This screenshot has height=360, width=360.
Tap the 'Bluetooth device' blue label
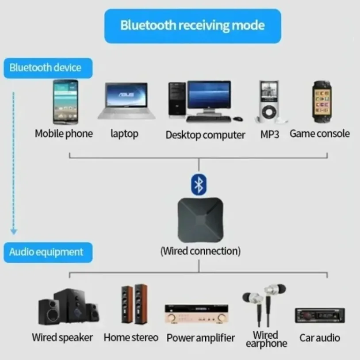click(46, 68)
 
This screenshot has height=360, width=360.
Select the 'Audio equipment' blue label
click(46, 252)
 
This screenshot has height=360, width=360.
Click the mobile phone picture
click(65, 102)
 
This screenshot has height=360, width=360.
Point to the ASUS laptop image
click(126, 100)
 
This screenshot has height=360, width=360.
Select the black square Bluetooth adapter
click(199, 218)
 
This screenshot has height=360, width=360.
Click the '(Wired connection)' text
click(200, 251)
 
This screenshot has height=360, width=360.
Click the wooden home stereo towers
click(134, 306)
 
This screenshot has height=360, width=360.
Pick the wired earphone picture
click(264, 303)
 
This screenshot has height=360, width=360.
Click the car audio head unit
click(320, 315)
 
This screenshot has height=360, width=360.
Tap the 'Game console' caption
click(319, 134)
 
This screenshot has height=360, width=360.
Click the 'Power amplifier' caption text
click(200, 338)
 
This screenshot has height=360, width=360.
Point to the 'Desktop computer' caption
click(205, 135)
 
